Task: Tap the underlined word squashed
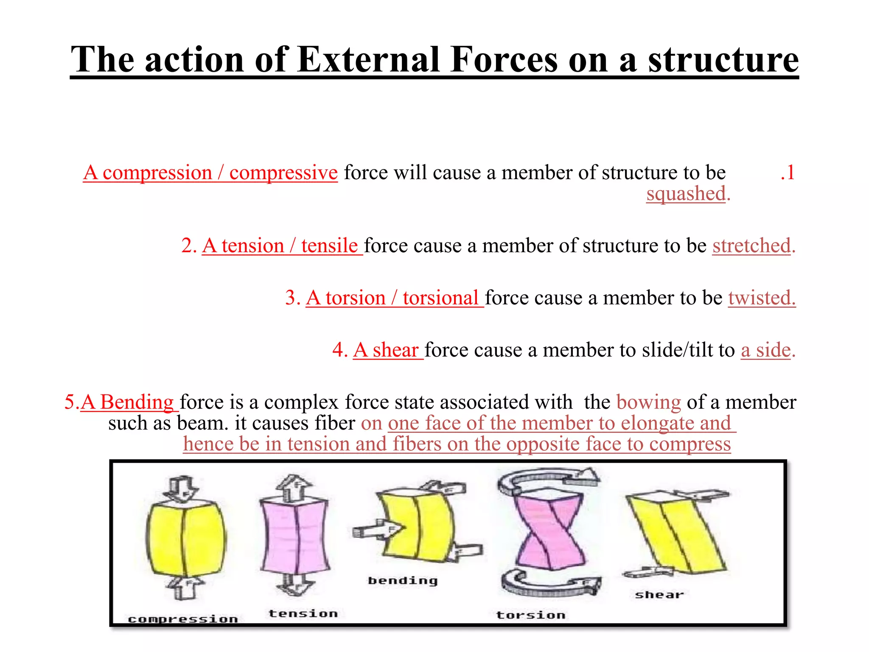tap(686, 194)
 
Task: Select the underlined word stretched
tap(751, 246)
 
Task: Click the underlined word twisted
tap(762, 298)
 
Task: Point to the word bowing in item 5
tap(648, 402)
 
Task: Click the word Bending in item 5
tap(137, 402)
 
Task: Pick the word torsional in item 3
tap(440, 298)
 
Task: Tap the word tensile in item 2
tap(330, 246)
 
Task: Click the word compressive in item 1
tap(283, 172)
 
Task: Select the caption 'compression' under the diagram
tap(183, 619)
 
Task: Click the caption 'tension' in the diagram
tap(303, 613)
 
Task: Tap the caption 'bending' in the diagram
tap(402, 581)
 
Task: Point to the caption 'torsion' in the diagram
tap(531, 615)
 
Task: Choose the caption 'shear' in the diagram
tap(659, 595)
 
